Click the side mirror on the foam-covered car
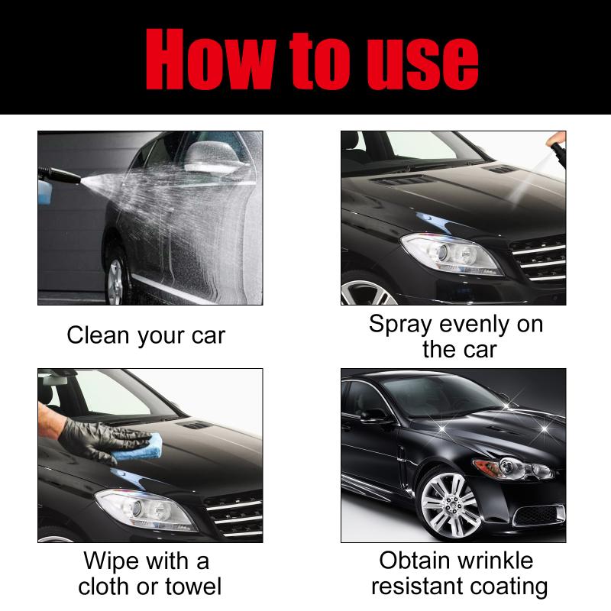coord(212,157)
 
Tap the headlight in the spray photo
coord(451,254)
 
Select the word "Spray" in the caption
coord(400,325)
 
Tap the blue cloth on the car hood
coord(137,448)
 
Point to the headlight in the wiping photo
coord(145,509)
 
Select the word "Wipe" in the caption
coord(112,561)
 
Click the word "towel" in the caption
coord(194,586)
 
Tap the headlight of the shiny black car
coord(512,468)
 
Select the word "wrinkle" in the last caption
coord(495,561)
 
